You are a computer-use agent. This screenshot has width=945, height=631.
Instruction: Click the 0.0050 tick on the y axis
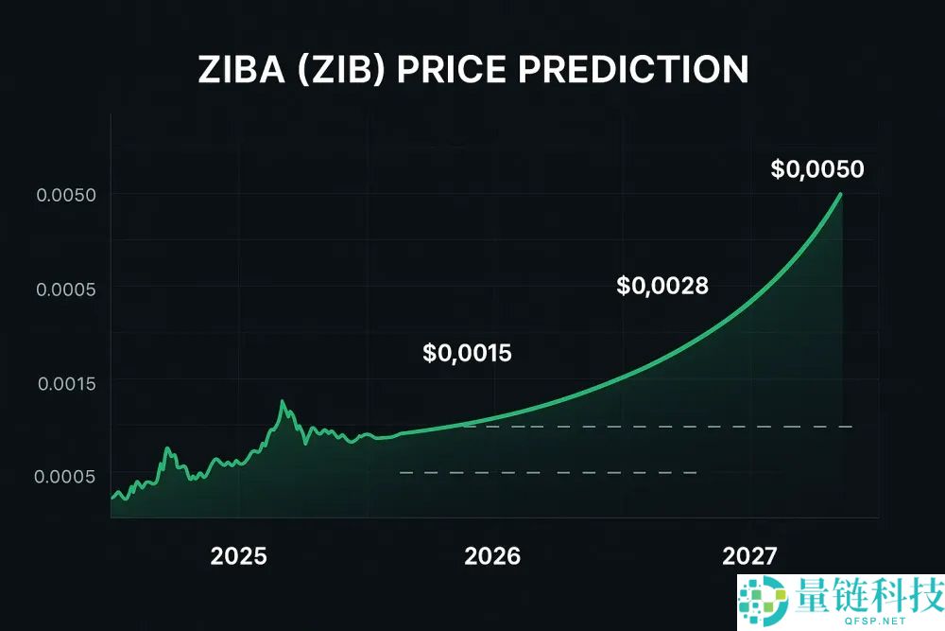click(x=66, y=195)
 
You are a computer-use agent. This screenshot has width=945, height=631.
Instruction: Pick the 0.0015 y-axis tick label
click(x=66, y=383)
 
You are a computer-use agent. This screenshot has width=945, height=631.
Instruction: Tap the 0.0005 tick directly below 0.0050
click(x=66, y=289)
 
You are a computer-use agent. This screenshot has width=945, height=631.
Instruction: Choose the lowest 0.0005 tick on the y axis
click(x=66, y=476)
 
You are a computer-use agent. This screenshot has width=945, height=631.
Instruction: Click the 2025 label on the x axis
click(x=239, y=556)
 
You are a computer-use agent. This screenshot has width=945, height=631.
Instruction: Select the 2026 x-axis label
click(x=492, y=556)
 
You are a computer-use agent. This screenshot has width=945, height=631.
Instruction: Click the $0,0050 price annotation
click(x=816, y=169)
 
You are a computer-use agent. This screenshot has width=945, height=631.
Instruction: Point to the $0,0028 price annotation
click(x=661, y=285)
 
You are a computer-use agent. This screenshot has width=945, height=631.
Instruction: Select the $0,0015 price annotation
click(x=467, y=354)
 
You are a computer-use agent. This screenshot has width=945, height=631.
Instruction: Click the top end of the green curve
click(x=840, y=194)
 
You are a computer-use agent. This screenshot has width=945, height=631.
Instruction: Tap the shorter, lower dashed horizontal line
click(x=548, y=472)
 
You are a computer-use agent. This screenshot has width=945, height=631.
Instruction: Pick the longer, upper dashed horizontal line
click(x=661, y=427)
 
